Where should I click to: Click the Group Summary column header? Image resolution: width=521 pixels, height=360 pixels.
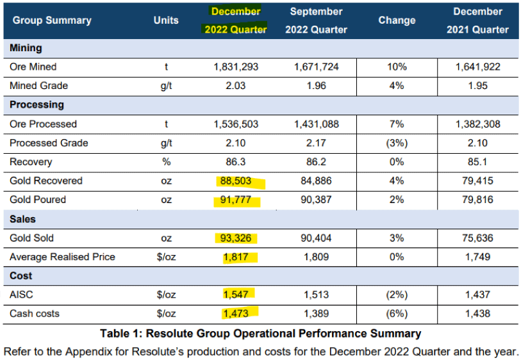coord(52,20)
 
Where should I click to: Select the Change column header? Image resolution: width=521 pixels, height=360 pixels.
coord(397,20)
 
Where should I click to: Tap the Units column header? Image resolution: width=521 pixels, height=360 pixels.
coord(166,20)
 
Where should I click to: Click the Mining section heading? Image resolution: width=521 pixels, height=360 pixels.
coord(26,48)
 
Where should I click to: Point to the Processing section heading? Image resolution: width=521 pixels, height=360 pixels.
coord(37,104)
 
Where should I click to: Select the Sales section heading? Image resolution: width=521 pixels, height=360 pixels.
coord(23,219)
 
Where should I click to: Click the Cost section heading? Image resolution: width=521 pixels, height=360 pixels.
coord(21,276)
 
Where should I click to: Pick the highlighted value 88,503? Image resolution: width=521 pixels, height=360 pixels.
coord(236,181)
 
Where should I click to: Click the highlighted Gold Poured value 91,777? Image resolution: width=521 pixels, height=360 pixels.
coord(236,200)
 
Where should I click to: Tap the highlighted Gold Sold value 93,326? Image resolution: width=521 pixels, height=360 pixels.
coord(236,238)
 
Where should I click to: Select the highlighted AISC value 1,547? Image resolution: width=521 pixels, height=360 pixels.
coord(236,295)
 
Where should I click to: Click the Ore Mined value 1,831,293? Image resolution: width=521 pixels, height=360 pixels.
coord(236,67)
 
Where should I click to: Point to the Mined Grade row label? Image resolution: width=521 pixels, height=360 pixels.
coord(38,86)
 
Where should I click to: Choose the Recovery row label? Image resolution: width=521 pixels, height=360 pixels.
coord(31,162)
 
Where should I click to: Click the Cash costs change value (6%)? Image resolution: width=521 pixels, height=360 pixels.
coord(397,314)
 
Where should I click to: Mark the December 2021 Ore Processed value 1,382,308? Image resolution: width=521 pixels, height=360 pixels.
coord(477,124)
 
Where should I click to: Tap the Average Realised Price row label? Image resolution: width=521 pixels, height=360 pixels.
coord(62,257)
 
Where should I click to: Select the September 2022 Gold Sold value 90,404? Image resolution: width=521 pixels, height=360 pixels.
coord(316,238)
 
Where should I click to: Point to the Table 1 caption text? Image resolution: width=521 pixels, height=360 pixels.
coord(260,333)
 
